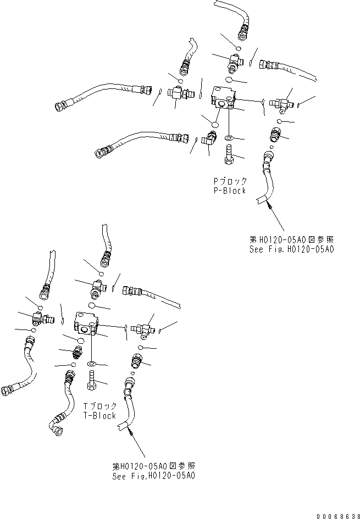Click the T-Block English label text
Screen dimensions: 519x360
click(x=99, y=416)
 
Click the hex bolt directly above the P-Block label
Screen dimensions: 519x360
click(x=229, y=155)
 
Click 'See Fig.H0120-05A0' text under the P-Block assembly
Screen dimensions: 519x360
click(x=292, y=249)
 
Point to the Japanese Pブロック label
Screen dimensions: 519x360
click(x=229, y=181)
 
